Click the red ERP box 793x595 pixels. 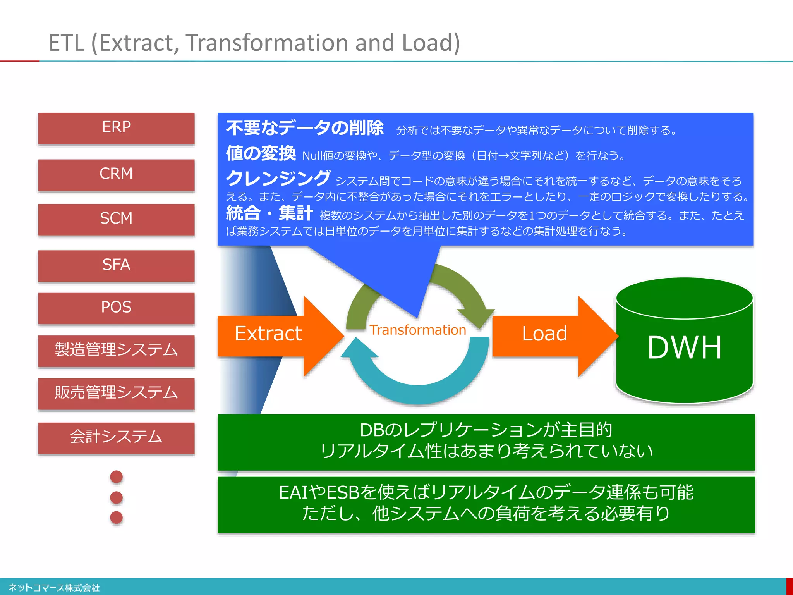click(116, 128)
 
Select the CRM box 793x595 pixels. click(116, 174)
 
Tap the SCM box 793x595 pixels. click(116, 219)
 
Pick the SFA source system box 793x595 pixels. click(116, 265)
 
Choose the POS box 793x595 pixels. click(116, 308)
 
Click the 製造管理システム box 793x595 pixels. click(116, 350)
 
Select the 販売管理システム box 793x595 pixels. click(116, 393)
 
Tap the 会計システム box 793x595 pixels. click(116, 437)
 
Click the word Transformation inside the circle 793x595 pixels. click(417, 330)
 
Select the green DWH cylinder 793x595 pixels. click(684, 349)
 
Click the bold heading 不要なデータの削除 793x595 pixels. click(305, 128)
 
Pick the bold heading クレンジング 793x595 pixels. click(278, 179)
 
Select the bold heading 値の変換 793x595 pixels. click(261, 153)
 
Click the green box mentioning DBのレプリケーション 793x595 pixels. click(486, 442)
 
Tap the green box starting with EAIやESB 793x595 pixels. click(486, 504)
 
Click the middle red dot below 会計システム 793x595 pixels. click(116, 497)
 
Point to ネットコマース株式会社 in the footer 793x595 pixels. click(54, 588)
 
